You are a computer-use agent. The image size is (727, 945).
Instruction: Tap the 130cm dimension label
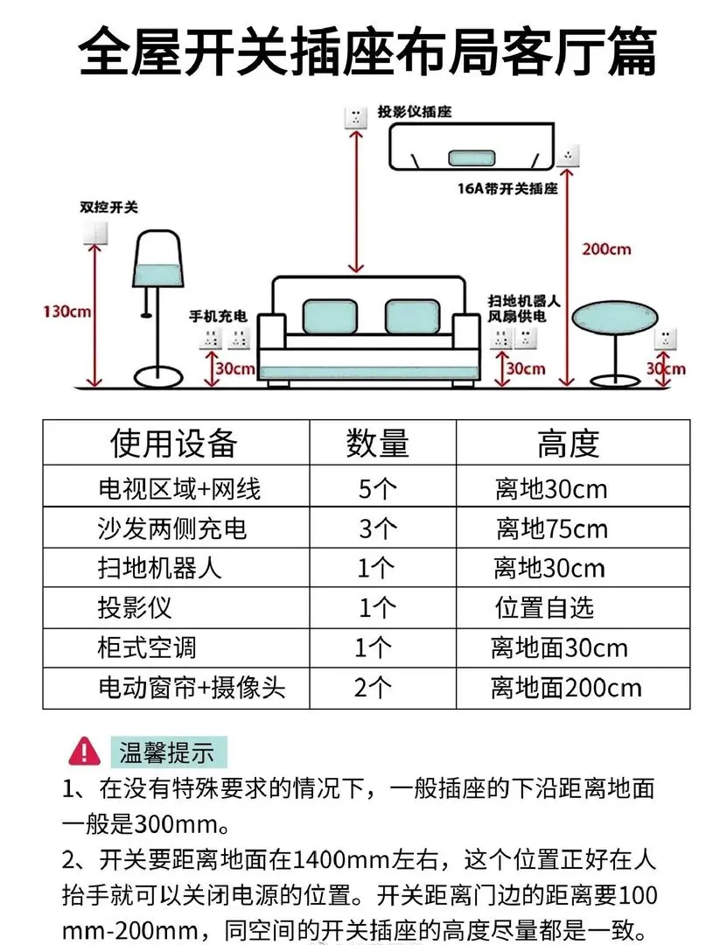click(x=66, y=311)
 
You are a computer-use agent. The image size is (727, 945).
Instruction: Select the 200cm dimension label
click(x=606, y=249)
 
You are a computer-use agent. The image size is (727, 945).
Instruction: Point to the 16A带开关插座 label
click(x=507, y=188)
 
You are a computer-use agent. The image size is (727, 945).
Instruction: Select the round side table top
click(x=612, y=321)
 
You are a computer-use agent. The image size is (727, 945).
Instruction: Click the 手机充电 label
click(x=219, y=315)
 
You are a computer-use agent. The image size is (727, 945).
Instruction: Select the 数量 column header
click(x=377, y=444)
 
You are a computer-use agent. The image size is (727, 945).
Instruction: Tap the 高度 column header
click(x=568, y=444)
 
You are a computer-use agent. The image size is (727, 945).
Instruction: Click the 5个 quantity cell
click(x=378, y=488)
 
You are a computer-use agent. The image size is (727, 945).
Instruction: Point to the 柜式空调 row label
click(x=147, y=647)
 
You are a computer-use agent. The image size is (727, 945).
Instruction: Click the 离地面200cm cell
click(x=566, y=688)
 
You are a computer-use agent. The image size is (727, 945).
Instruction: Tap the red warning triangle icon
click(x=85, y=750)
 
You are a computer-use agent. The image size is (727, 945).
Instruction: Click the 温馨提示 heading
click(x=166, y=751)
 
